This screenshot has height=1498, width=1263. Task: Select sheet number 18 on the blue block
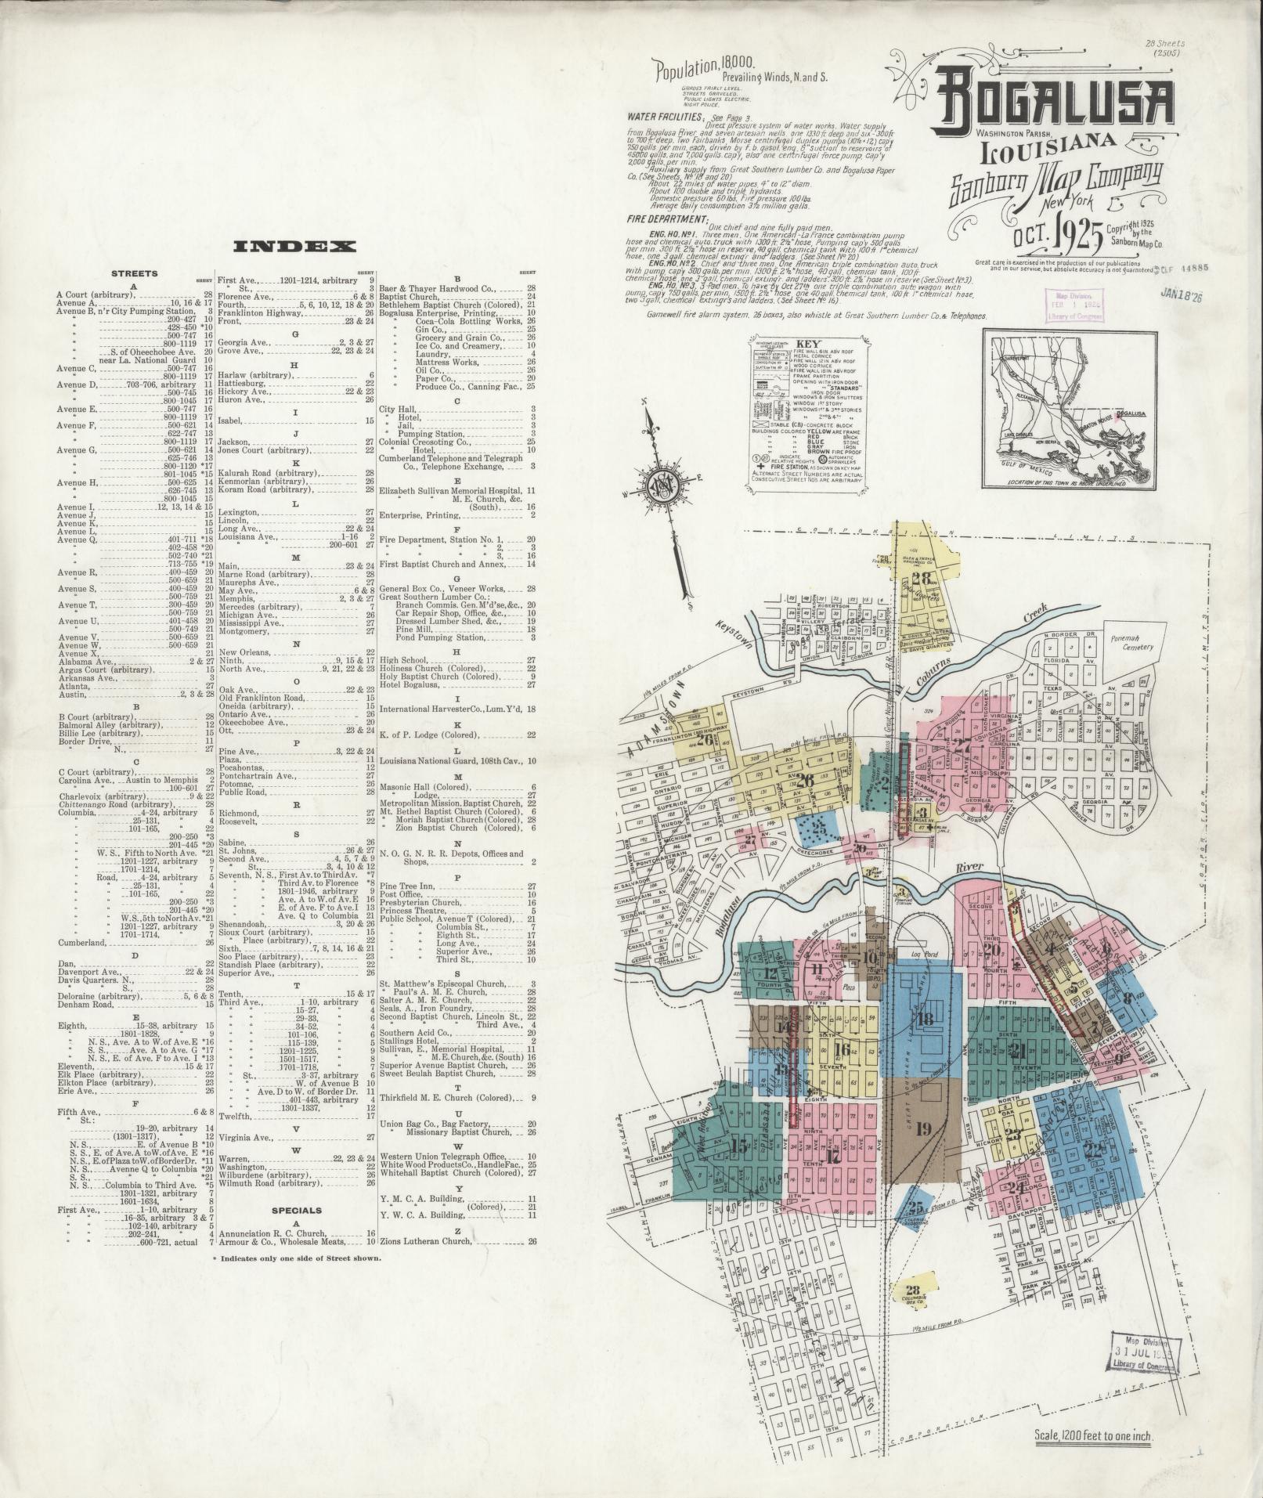tap(926, 1019)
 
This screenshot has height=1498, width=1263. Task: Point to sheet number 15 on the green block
tap(738, 1146)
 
